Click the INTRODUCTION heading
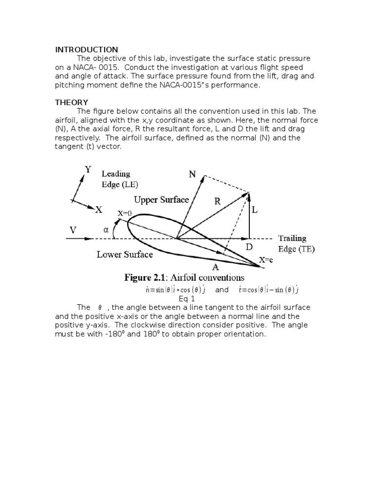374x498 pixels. click(x=86, y=50)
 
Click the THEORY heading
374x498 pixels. click(x=71, y=102)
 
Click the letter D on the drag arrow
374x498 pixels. click(x=249, y=247)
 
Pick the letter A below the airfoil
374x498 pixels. click(x=214, y=267)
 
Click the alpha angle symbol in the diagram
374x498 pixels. click(x=106, y=230)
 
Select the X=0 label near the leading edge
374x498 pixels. click(x=125, y=213)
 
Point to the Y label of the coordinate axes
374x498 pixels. click(x=88, y=170)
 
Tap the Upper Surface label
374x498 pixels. click(x=162, y=199)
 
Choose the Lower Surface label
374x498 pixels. click(x=125, y=254)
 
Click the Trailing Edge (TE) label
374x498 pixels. click(x=296, y=244)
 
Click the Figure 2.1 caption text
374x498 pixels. click(x=184, y=278)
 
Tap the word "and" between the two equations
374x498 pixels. click(x=222, y=290)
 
